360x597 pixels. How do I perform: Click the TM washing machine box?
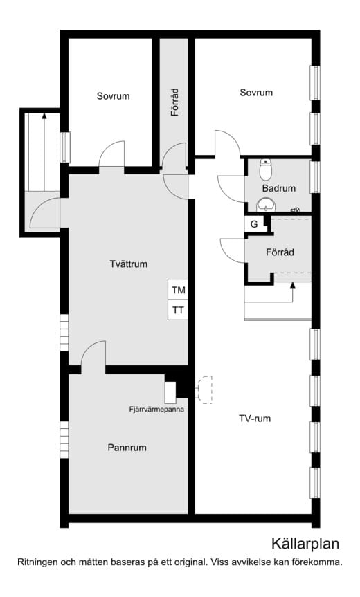click(x=178, y=290)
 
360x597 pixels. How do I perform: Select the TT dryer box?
click(x=178, y=310)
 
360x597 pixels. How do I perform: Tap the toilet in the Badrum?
click(x=265, y=169)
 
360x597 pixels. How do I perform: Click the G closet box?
click(x=254, y=224)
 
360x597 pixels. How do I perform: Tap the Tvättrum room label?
click(x=128, y=264)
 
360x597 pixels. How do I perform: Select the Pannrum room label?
click(x=127, y=448)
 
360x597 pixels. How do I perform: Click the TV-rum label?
click(x=255, y=419)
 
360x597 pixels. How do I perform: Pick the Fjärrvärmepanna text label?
click(x=156, y=410)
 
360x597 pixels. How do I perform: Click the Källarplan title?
click(x=305, y=544)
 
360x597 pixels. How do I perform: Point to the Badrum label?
click(x=279, y=188)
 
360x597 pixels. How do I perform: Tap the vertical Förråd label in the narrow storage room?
click(x=174, y=102)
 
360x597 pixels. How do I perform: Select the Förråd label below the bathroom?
click(x=280, y=252)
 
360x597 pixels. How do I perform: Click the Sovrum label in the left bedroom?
click(x=113, y=96)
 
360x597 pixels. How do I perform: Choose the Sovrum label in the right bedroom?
click(x=256, y=93)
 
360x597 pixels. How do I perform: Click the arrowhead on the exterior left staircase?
click(x=44, y=116)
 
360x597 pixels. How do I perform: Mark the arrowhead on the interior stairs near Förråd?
click(x=293, y=285)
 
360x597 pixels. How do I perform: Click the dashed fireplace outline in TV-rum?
click(x=205, y=389)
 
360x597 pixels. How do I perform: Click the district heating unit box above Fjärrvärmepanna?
click(x=170, y=392)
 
